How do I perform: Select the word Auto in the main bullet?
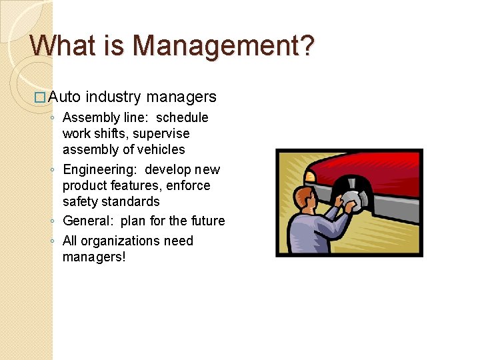pos(65,97)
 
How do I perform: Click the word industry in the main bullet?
pos(113,97)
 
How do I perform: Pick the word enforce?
pos(188,185)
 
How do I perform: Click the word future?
pos(206,221)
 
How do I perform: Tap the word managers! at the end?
pos(93,257)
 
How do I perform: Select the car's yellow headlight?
pos(309,175)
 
